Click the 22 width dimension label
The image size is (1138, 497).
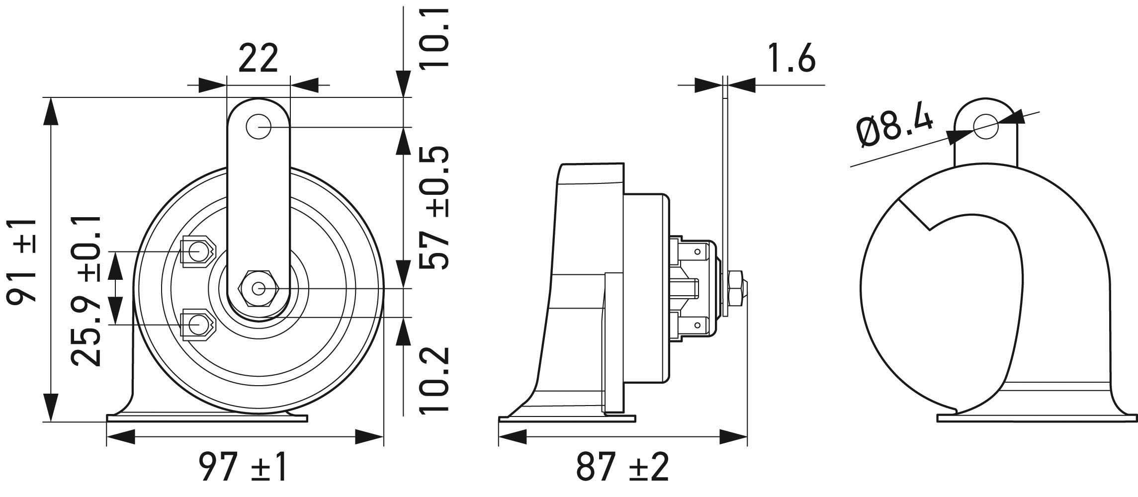(258, 59)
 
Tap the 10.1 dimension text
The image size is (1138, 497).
(434, 37)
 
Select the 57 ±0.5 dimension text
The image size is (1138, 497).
(434, 208)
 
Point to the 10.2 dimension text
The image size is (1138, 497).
(434, 380)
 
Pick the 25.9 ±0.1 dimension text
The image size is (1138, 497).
(86, 291)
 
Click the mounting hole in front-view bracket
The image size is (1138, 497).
(258, 127)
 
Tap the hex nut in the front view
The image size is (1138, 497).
(258, 288)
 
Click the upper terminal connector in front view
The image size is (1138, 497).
(197, 252)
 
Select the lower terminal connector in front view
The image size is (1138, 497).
(197, 325)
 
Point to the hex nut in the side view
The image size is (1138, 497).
(737, 288)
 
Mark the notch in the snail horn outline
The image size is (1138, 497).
(929, 228)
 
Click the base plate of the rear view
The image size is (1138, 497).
(1037, 418)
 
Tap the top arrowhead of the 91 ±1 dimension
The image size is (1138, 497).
(51, 108)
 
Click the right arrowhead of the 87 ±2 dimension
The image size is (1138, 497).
(735, 437)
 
